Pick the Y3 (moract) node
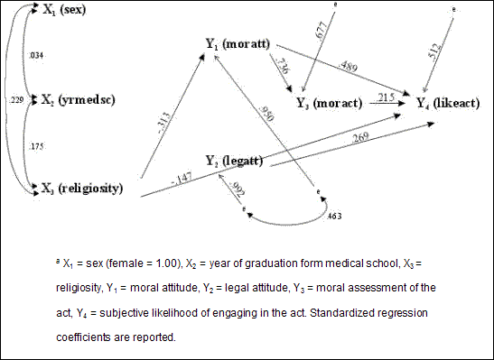coord(330,104)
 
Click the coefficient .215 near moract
coord(387,97)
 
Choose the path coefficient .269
coord(359,138)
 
